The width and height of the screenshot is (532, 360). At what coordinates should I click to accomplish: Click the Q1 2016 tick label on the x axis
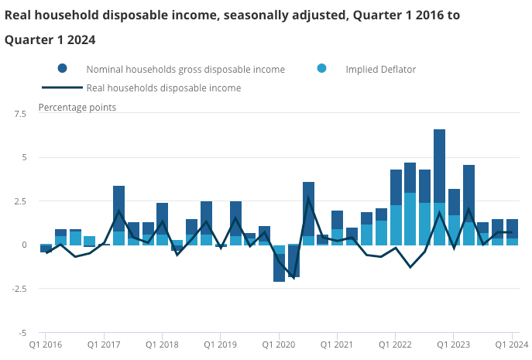tap(46, 344)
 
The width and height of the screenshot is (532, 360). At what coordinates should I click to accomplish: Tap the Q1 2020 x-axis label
tap(279, 344)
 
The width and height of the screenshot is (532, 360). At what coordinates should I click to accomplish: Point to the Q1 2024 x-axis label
tap(512, 344)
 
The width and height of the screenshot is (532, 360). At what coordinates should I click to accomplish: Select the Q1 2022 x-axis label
tap(396, 344)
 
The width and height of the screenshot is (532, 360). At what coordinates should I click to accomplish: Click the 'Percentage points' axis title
tap(77, 107)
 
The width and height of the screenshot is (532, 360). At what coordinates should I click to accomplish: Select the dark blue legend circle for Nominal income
tap(63, 69)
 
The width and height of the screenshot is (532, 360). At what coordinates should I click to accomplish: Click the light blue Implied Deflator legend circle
tap(322, 69)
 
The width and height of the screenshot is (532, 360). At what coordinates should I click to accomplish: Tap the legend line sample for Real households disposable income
tap(63, 87)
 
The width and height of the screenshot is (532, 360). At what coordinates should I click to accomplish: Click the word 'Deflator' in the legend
tap(397, 70)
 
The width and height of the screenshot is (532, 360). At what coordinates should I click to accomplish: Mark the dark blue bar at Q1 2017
tap(118, 208)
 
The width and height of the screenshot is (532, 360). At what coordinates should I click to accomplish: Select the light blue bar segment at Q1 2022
tap(396, 225)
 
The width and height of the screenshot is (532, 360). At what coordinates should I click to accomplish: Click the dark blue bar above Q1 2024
tap(512, 228)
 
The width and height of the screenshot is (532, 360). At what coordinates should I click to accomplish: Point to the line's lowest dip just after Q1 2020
tap(293, 277)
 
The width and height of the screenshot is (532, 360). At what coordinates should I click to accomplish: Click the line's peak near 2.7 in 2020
tap(308, 198)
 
